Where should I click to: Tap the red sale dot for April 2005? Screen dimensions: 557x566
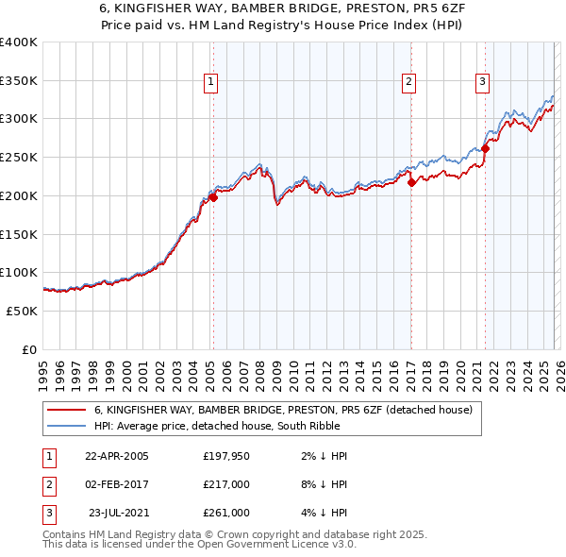(x=213, y=197)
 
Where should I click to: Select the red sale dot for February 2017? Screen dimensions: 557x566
(x=411, y=183)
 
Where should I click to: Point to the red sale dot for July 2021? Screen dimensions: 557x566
(x=486, y=148)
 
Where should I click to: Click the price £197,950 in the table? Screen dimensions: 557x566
(x=225, y=456)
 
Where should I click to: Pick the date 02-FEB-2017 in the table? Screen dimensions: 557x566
(x=117, y=484)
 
